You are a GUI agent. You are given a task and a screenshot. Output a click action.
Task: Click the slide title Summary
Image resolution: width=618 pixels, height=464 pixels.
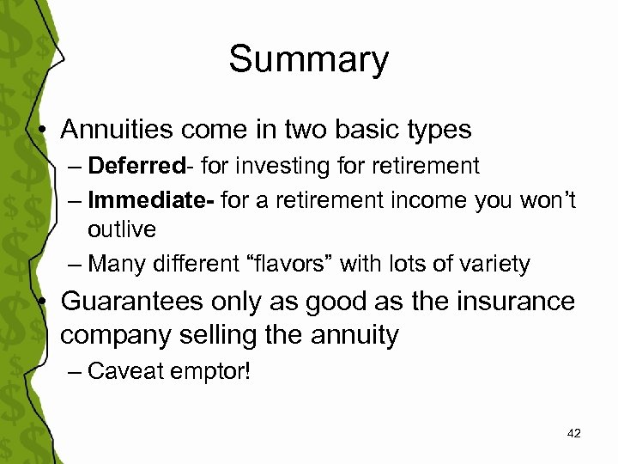click(308, 60)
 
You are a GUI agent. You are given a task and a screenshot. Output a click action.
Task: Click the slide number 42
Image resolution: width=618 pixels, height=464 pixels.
click(574, 434)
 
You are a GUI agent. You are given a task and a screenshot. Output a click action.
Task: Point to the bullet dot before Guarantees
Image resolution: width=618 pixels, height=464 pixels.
click(43, 302)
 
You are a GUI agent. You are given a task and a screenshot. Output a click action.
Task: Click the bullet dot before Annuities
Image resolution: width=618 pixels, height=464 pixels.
click(43, 130)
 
